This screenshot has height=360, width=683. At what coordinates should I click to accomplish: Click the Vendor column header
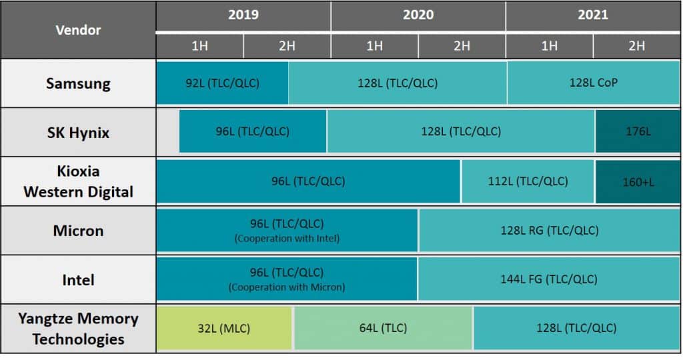point(78,30)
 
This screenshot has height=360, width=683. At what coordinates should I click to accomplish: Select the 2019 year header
point(243,15)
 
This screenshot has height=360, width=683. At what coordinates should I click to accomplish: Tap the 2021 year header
point(592,15)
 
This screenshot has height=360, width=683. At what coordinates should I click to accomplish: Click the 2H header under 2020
point(462,45)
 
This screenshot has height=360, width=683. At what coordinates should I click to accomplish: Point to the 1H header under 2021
point(549,45)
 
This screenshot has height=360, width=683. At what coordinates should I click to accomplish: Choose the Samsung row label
point(78,83)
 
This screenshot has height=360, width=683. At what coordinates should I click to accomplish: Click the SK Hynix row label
point(78,132)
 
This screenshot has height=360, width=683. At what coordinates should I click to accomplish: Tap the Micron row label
point(78,231)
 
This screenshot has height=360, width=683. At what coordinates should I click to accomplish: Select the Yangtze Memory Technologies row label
point(78,328)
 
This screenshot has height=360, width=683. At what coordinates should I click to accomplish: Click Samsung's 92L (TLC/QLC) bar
point(222,83)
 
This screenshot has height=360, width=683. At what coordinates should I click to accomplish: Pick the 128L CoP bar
point(593,83)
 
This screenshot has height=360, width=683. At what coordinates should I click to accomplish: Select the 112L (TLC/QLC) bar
point(528,181)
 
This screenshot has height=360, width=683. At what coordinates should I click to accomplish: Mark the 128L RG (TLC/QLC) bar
point(549,231)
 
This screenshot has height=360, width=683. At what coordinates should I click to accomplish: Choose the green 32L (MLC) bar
point(224,328)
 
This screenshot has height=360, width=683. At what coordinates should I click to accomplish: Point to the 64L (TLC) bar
point(383,328)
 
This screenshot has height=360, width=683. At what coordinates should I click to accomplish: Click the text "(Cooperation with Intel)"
point(287,239)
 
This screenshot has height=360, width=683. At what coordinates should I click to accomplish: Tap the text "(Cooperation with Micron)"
point(287,287)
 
